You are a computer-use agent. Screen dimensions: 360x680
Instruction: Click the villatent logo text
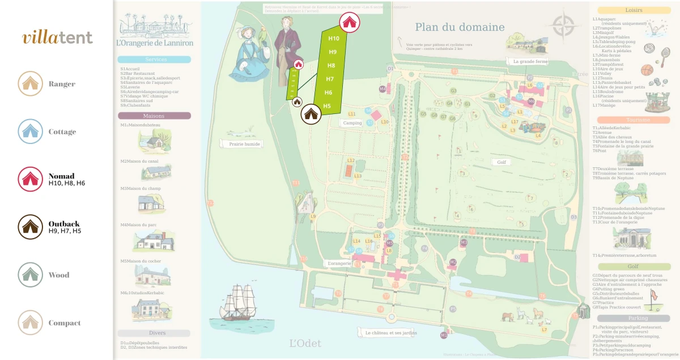pos(57,37)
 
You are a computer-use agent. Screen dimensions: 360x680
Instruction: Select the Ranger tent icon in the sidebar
pos(29,84)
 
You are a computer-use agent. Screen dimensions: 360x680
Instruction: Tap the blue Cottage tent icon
pos(29,132)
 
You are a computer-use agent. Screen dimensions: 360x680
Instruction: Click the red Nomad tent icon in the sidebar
pos(29,179)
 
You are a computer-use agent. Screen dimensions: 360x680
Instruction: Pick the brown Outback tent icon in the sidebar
pos(29,227)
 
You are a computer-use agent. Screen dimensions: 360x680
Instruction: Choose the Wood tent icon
pos(29,275)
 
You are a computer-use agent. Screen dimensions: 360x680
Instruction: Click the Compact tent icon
pos(29,323)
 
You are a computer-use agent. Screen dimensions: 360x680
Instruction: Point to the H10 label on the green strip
pos(334,39)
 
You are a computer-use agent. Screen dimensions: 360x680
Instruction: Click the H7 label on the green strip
pos(330,79)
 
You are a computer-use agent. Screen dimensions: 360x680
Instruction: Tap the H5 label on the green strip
pos(327,106)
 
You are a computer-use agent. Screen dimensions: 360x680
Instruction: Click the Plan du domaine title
pos(460,27)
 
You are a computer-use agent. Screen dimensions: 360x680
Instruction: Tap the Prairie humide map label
pos(245,144)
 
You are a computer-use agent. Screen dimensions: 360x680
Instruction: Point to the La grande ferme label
pos(530,61)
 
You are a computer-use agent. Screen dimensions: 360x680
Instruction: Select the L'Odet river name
pos(305,343)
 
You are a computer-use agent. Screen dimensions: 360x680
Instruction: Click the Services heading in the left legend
pos(156,60)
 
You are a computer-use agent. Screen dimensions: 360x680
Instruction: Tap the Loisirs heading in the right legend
pos(634,10)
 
